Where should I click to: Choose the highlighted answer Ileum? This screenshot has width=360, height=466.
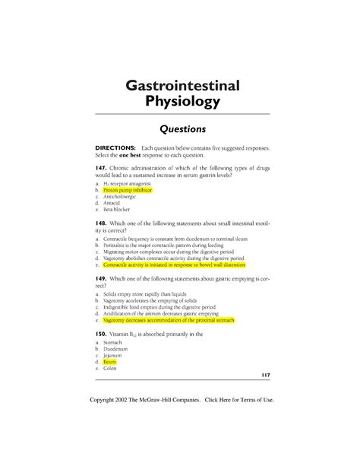pyautogui.click(x=110, y=363)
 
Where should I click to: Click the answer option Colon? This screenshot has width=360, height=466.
pyautogui.click(x=112, y=369)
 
